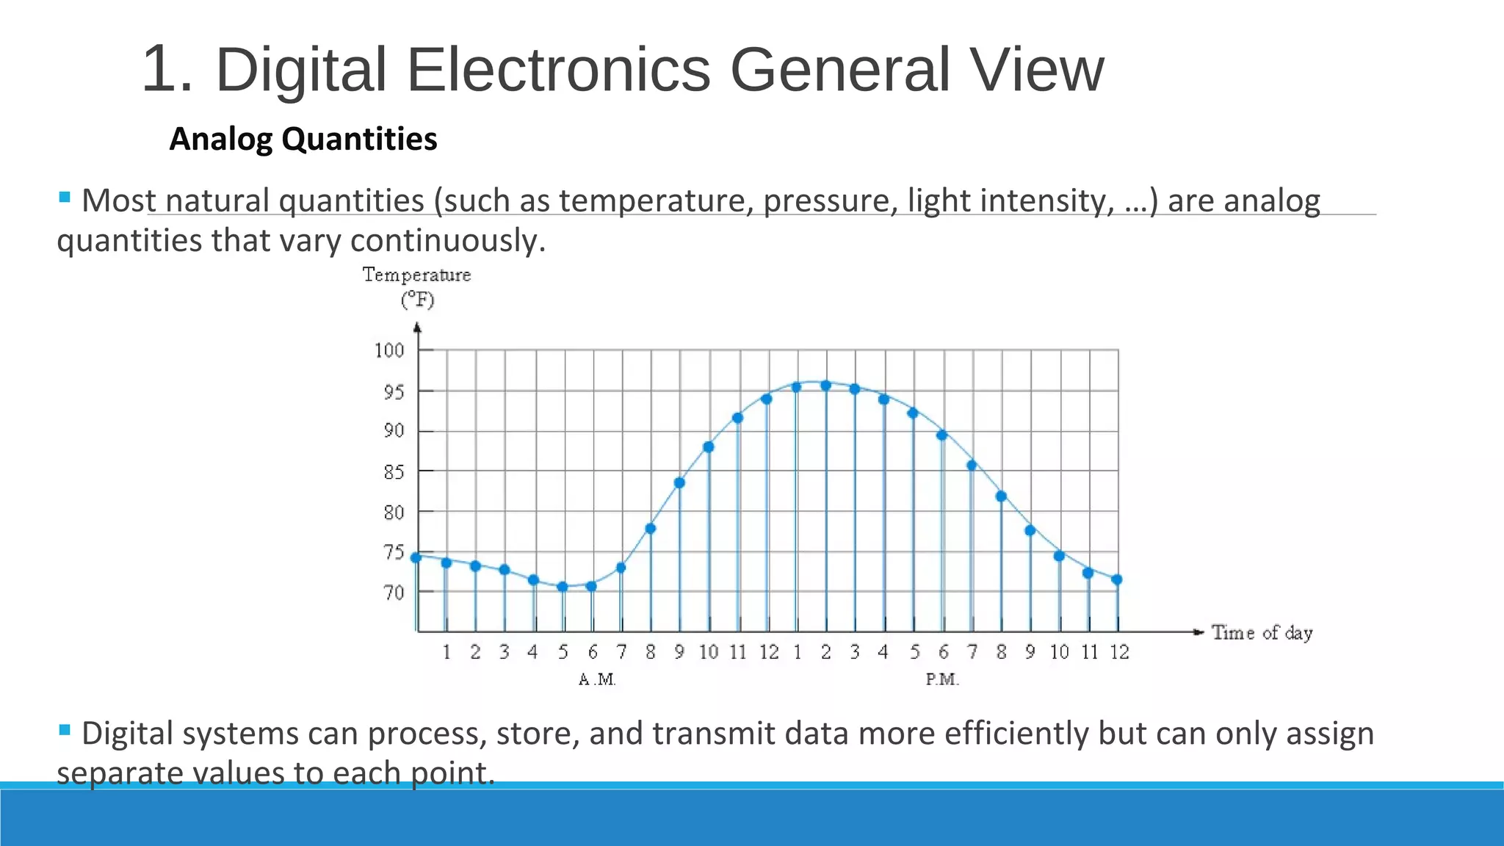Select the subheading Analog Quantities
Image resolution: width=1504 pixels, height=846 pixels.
coord(303,139)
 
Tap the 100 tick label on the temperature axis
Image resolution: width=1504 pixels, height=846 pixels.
coord(389,350)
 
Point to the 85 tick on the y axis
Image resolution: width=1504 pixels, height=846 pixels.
coord(394,471)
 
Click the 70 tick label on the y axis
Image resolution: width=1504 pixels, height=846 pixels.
coord(394,592)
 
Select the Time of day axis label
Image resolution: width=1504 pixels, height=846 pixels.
coord(1262,632)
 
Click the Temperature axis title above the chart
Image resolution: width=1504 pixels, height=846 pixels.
coord(416,275)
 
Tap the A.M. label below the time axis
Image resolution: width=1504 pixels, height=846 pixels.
coord(597,679)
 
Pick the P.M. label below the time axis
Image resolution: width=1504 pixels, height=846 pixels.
coord(942,679)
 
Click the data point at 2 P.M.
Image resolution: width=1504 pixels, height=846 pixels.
coord(825,386)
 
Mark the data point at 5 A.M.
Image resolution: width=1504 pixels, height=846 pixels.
coord(563,587)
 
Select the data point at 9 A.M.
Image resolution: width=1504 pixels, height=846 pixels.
coord(679,483)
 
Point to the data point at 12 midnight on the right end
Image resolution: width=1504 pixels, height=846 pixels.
coord(1117,579)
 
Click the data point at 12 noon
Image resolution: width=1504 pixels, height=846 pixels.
coord(767,399)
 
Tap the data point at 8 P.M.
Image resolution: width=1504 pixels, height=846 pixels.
coord(1001,496)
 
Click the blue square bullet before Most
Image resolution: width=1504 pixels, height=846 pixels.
coord(65,197)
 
